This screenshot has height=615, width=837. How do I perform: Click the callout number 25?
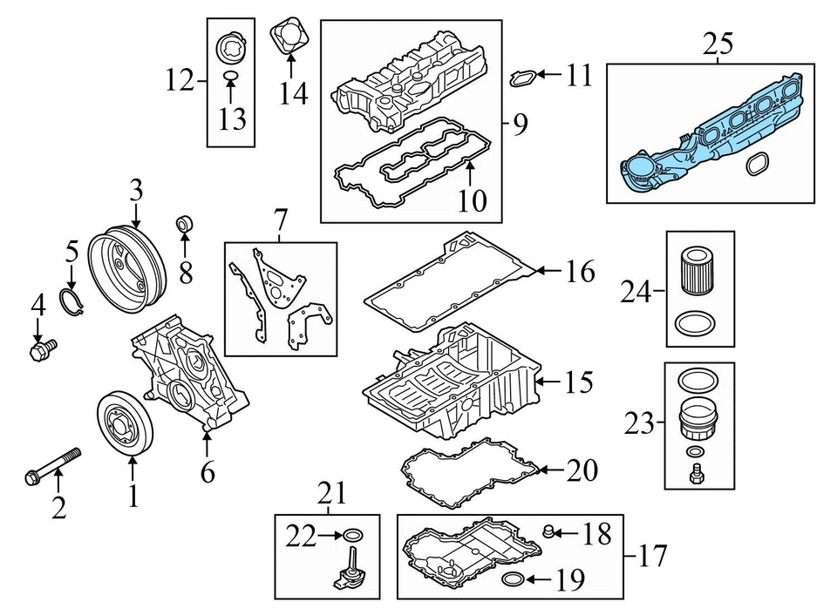tap(719, 44)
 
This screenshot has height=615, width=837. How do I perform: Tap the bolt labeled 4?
tap(39, 351)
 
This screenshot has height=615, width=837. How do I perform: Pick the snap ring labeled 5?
tap(72, 301)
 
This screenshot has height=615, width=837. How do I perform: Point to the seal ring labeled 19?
tap(514, 581)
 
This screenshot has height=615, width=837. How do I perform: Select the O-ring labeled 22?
tap(351, 535)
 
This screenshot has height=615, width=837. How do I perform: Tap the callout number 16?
tap(579, 272)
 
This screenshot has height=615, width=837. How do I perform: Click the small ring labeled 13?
tap(231, 80)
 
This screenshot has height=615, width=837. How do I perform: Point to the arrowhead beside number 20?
tap(541, 470)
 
